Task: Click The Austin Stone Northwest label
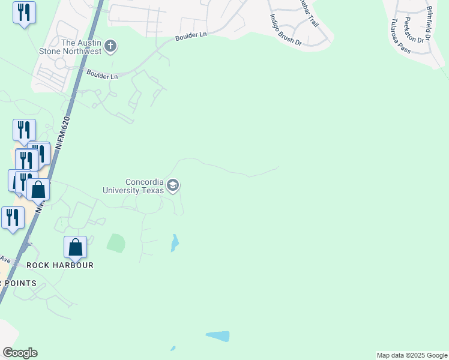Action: pos(82,47)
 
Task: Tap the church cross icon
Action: pos(110,46)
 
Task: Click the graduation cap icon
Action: pos(173,185)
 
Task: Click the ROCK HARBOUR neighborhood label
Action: pos(60,265)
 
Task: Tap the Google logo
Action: pos(20,353)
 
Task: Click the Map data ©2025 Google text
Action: pos(412,355)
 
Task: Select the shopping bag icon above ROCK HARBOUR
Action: pos(76,247)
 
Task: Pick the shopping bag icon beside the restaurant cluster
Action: pos(38,190)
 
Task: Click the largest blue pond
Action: pos(218,336)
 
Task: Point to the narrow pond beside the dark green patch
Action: pos(175,242)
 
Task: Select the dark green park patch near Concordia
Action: pos(116,243)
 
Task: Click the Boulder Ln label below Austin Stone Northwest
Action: pos(102,76)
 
